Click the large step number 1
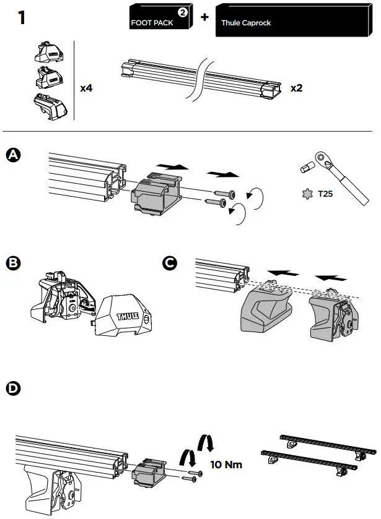[21, 18]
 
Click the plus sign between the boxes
[204, 17]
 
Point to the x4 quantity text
[87, 88]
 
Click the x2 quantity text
[297, 88]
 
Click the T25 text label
[326, 194]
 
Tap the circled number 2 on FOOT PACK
[183, 12]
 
